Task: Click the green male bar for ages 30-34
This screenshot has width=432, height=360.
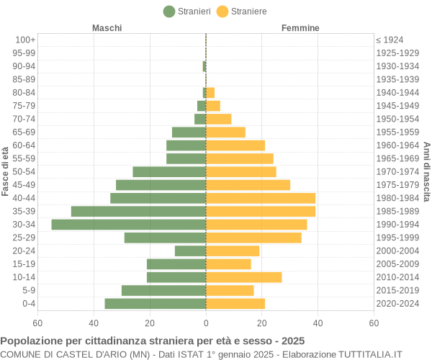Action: coord(129,225)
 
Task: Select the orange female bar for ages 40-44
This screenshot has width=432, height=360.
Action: coord(261,198)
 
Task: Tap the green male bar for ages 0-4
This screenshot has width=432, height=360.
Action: coord(156,304)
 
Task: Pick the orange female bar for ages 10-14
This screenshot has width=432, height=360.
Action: coord(243,277)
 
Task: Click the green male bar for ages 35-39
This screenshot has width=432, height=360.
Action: coord(138,211)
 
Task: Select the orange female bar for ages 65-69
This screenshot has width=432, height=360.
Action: coord(225,132)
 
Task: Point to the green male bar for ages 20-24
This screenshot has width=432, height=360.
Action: coord(190,251)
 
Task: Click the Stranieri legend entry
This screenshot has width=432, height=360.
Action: coord(187,12)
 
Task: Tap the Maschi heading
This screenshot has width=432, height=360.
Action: coord(107,28)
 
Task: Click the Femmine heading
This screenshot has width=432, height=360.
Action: coord(300,28)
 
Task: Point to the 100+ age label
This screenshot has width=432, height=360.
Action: coord(24,40)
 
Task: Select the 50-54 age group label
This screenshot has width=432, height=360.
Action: coord(24,171)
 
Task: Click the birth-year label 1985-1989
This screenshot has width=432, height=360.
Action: coord(397,211)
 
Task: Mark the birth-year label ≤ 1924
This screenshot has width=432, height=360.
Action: coord(390,40)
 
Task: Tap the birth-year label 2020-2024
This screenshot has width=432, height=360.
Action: coord(397,304)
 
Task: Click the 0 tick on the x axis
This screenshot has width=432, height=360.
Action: coord(206,323)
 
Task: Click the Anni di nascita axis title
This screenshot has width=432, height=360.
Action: coord(426,171)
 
